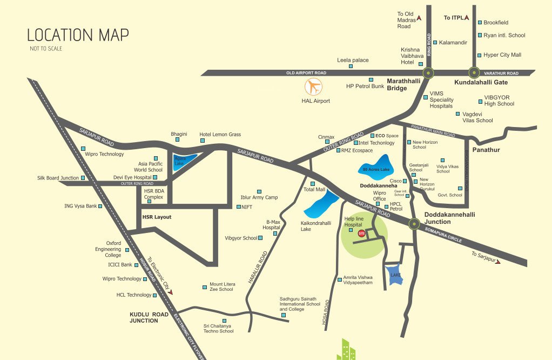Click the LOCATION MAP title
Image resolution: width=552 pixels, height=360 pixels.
pos(78,36)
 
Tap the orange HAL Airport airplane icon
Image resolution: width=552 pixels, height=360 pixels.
pos(313,87)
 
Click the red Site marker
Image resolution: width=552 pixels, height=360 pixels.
pos(361,233)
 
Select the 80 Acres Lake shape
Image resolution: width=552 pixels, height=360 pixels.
pos(376,166)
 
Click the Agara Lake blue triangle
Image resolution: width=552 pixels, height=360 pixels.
pos(181,162)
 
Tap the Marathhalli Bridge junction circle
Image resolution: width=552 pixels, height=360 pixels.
pos(428,72)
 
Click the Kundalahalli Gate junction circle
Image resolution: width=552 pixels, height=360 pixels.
pos(474,72)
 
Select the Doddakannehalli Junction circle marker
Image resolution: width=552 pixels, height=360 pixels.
pos(414,223)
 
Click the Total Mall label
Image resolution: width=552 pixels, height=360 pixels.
pos(314,190)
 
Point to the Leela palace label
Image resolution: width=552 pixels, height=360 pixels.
pos(353,60)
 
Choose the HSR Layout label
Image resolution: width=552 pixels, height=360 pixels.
pos(156,217)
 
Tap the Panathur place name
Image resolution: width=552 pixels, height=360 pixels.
pos(486,150)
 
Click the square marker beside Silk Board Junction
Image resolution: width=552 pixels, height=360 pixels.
pos(83,178)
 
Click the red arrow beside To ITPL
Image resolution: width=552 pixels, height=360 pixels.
pos(466,18)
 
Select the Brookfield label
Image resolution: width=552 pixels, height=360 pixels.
pos(496,23)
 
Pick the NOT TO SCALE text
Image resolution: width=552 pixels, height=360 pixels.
pos(46,49)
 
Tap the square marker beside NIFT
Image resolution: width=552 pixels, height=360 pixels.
pos(239,207)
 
